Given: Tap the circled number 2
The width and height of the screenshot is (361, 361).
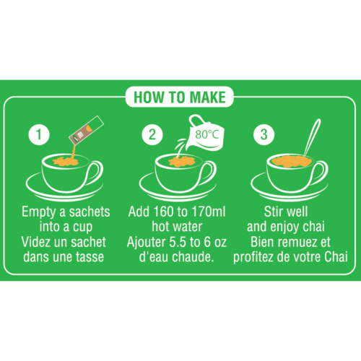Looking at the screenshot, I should [152, 134].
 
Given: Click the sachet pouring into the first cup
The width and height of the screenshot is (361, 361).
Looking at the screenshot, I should [81, 132].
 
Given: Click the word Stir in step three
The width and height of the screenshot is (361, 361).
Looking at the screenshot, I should [277, 214].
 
